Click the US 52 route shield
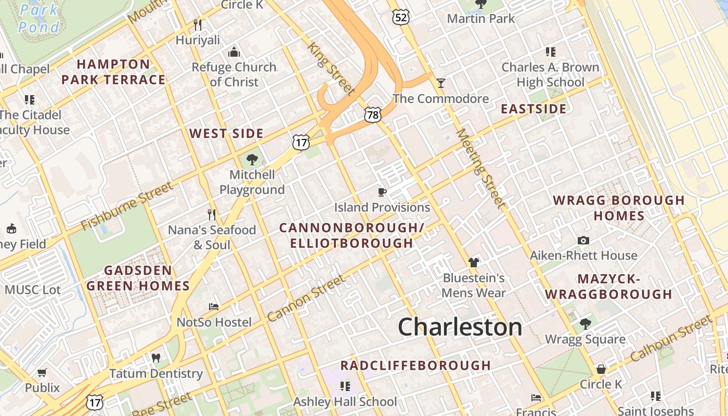click(x=401, y=17)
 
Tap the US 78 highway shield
click(x=372, y=114)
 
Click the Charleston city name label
click(x=460, y=327)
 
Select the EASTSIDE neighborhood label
click(x=534, y=109)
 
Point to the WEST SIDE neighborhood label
click(x=226, y=133)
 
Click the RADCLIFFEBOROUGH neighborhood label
click(x=415, y=365)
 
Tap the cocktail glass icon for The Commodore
click(x=441, y=83)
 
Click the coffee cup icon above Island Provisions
click(x=382, y=192)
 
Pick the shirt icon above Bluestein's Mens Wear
click(x=473, y=262)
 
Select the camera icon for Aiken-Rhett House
click(x=583, y=240)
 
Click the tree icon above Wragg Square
click(x=586, y=324)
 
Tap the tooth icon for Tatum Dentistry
click(x=155, y=358)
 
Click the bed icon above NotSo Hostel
click(x=214, y=307)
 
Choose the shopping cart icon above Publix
click(x=42, y=372)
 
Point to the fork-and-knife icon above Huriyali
click(x=198, y=24)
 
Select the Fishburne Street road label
click(x=126, y=206)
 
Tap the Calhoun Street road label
click(x=670, y=339)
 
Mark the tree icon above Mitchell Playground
click(x=252, y=159)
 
